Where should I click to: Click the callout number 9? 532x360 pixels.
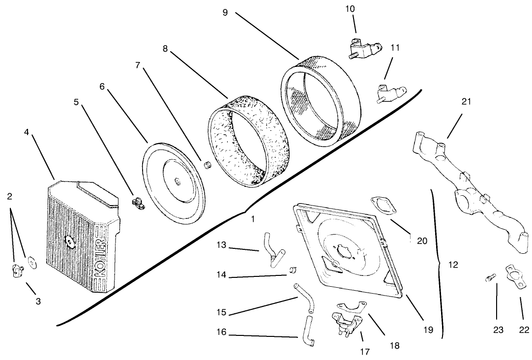click(x=225, y=12)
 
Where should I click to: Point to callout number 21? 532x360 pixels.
click(x=466, y=101)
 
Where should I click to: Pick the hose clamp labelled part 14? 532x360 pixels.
click(x=294, y=270)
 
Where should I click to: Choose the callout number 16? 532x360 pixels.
click(x=221, y=332)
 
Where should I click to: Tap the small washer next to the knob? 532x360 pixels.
click(x=32, y=262)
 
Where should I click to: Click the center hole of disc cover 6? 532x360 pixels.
click(x=176, y=182)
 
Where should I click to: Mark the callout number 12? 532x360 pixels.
click(x=453, y=265)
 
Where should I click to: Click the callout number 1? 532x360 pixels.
click(x=252, y=219)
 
